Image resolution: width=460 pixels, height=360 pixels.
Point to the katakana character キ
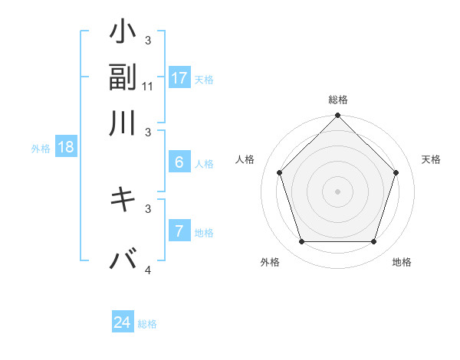click(x=123, y=199)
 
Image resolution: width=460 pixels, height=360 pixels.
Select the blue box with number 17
click(x=179, y=78)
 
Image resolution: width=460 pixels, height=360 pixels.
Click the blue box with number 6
click(x=179, y=162)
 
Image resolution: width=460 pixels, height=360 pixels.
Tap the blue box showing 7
click(x=179, y=231)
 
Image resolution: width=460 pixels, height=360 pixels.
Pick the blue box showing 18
click(x=65, y=148)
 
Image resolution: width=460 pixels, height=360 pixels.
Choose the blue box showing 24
click(x=123, y=322)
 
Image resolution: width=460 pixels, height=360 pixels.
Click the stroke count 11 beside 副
click(x=148, y=87)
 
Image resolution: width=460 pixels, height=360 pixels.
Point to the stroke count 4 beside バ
click(x=148, y=270)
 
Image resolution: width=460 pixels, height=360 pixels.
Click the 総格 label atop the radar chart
click(x=337, y=100)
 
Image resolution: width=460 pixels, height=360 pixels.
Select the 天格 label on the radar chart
click(x=431, y=159)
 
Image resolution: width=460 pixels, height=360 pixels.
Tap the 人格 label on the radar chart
click(x=245, y=159)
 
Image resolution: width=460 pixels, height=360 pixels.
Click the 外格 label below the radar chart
click(x=270, y=263)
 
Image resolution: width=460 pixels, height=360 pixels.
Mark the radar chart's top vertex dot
click(x=337, y=117)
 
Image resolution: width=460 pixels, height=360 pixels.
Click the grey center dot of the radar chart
click(x=337, y=191)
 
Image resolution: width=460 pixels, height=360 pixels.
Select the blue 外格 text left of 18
click(x=41, y=149)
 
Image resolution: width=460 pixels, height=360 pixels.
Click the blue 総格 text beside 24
click(x=147, y=324)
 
